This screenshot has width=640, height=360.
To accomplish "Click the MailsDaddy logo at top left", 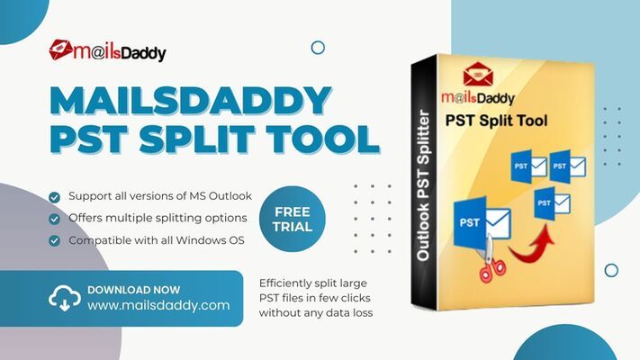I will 107,51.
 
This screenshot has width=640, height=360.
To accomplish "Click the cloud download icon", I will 65,298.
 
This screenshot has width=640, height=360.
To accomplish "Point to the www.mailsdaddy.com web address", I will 158,306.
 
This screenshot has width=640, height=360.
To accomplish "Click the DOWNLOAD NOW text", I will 133,290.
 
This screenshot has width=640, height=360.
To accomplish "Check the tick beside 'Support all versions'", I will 55,196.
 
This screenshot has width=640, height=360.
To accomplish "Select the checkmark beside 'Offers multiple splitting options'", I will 55,219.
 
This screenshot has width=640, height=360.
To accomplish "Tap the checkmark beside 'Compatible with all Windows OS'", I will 55,240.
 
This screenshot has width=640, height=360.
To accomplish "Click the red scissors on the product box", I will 491,262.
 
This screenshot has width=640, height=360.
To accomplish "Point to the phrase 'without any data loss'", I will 315,313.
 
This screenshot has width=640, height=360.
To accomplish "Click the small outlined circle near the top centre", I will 317,48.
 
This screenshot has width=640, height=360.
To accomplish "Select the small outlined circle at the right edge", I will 611,270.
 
